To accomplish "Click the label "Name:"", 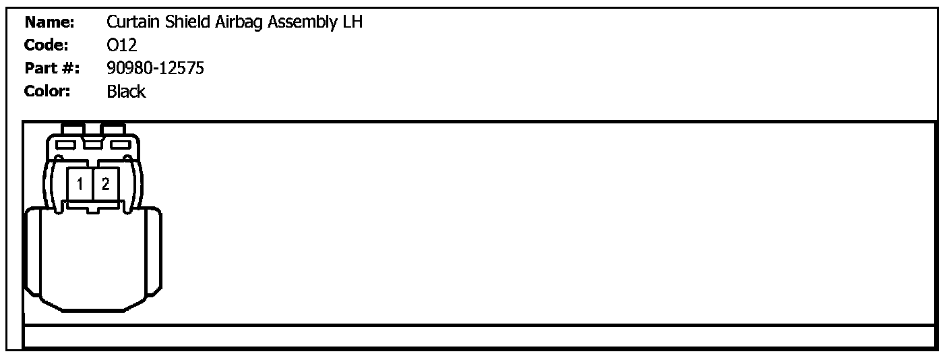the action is [x=49, y=22].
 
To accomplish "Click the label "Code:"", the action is [x=47, y=45].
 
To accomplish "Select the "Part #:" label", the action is [x=52, y=68].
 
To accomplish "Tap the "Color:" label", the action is [x=47, y=91].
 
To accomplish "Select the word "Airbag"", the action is [x=240, y=22].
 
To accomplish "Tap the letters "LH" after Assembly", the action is [x=354, y=22].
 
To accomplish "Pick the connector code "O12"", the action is [x=122, y=45].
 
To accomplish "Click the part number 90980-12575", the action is [x=155, y=68].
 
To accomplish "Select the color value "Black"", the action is [x=126, y=91].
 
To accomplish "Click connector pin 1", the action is [x=80, y=183].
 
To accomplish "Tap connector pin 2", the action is [x=105, y=183].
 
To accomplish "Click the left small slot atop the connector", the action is [x=66, y=144].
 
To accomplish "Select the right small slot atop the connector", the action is [x=120, y=144].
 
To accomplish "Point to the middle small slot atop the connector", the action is [x=93, y=142].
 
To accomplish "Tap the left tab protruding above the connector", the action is [x=73, y=128].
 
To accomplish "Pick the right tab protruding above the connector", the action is [x=113, y=128].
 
